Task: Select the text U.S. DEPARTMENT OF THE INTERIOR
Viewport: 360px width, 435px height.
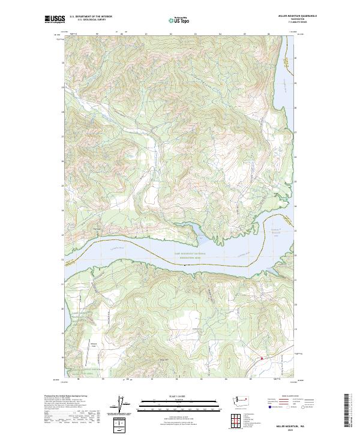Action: tap(91, 16)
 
